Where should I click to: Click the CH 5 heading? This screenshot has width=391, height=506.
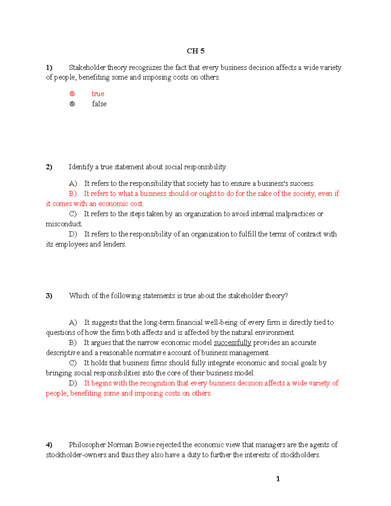click(195, 51)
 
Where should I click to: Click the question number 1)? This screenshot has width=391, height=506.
click(49, 68)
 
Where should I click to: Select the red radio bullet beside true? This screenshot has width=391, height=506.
click(72, 94)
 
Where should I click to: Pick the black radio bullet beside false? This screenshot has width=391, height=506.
click(72, 104)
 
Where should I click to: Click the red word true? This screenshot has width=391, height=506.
click(98, 94)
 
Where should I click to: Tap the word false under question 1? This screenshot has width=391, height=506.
click(99, 104)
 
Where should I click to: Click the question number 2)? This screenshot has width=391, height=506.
click(49, 167)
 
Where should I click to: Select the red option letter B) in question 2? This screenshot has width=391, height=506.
click(73, 194)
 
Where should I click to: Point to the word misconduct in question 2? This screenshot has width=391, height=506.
click(64, 224)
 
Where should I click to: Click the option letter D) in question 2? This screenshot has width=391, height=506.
click(73, 234)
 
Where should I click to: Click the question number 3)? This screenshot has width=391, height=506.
click(49, 296)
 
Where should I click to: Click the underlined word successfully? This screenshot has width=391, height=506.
click(232, 343)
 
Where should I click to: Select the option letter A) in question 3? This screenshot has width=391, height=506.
click(73, 323)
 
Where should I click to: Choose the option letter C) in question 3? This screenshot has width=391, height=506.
click(73, 363)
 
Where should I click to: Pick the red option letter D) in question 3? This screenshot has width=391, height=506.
click(73, 383)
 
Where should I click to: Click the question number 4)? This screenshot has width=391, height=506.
click(49, 445)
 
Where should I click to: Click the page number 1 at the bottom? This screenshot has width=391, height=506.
click(278, 479)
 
